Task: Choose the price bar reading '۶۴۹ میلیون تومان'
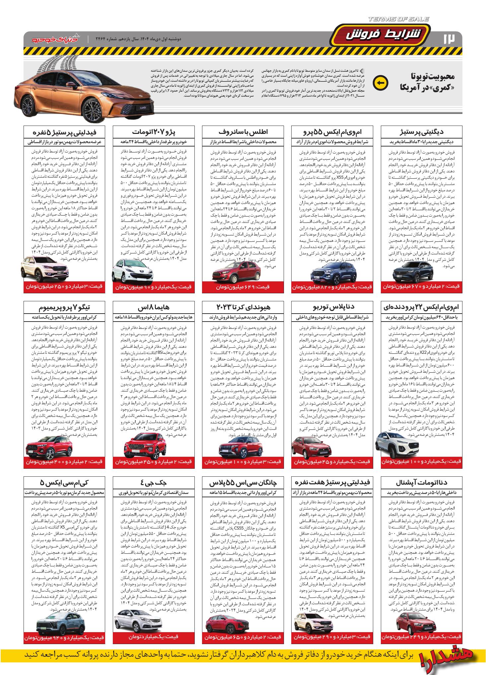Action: (243, 287)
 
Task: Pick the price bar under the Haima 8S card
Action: (154, 462)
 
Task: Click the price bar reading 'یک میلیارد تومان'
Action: (154, 636)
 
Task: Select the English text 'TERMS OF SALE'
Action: (398, 19)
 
